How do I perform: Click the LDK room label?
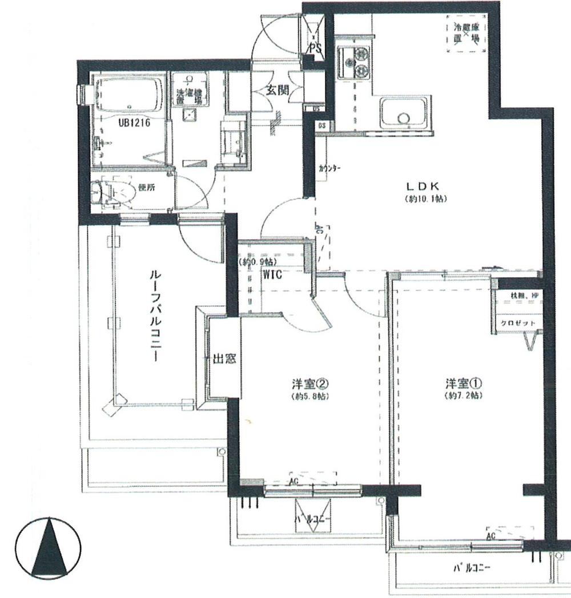click(x=423, y=187)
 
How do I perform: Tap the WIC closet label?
click(x=272, y=273)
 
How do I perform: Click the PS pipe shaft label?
click(x=316, y=49)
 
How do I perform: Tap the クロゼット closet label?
click(x=518, y=323)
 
